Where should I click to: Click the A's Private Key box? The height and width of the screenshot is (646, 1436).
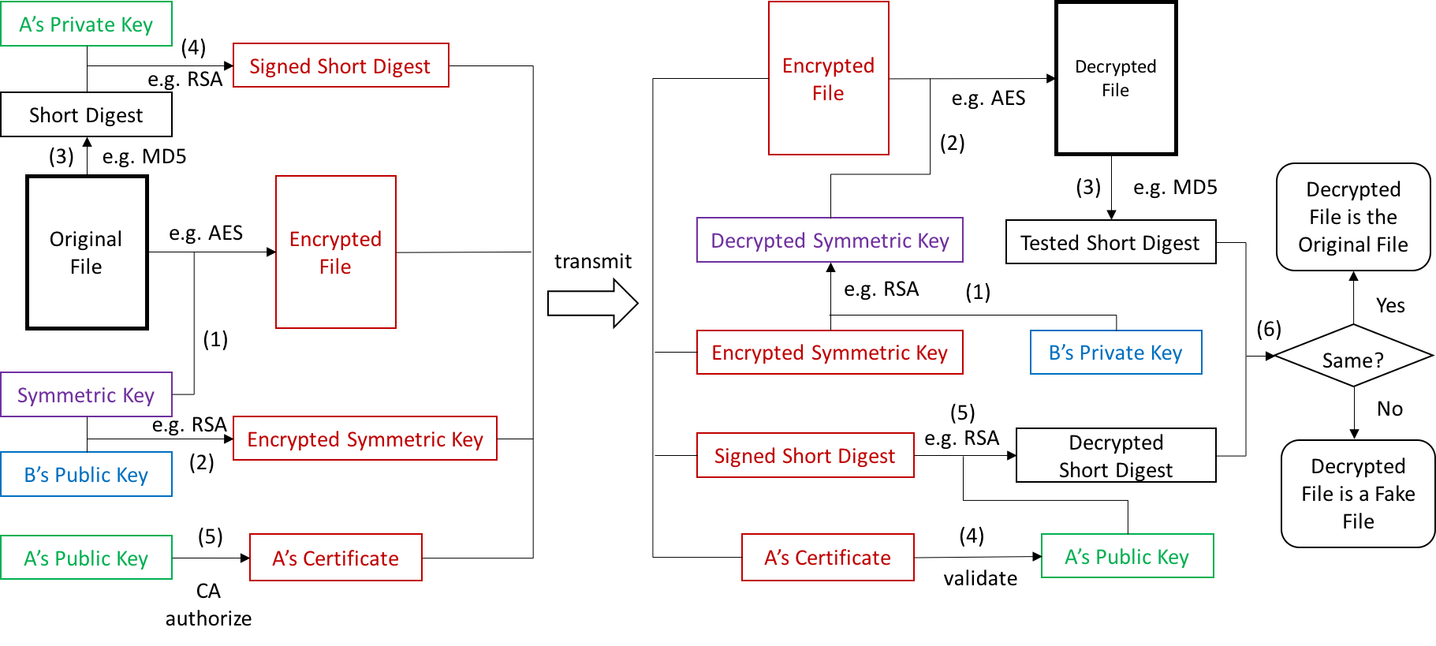point(86,24)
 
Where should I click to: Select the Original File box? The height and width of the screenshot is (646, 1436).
point(87,252)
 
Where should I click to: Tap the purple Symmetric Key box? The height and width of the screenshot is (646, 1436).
point(86,394)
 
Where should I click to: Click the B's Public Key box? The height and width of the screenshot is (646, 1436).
point(86,474)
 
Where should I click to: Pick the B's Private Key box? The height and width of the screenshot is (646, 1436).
point(1116,352)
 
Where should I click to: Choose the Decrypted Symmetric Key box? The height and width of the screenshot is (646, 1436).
point(830,240)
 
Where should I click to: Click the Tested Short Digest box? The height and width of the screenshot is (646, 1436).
point(1110,242)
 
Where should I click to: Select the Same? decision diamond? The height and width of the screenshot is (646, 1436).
point(1353,356)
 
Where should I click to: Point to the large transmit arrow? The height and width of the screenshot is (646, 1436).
point(593,303)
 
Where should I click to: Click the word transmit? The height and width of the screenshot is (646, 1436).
point(593,261)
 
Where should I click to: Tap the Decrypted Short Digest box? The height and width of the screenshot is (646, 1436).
point(1116,455)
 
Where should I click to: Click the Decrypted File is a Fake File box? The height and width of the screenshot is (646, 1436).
point(1358,494)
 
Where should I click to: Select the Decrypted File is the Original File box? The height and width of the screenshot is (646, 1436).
point(1353,217)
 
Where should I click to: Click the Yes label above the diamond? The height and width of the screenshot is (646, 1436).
point(1390,305)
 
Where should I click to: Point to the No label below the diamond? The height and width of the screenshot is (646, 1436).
point(1389,409)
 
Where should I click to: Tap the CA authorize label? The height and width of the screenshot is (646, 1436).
point(208,604)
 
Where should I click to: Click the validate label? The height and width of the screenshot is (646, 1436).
point(980,578)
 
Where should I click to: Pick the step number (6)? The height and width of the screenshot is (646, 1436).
point(1269,329)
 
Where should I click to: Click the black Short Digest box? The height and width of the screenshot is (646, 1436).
point(86,114)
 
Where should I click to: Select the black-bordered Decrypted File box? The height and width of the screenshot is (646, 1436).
point(1116,78)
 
